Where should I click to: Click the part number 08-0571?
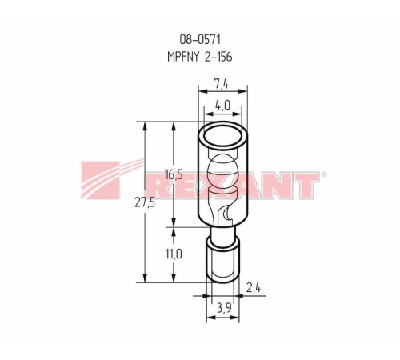tap(200, 40)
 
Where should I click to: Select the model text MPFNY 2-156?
tap(200, 57)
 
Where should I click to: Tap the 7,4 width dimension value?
tap(222, 84)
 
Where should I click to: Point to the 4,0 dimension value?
tap(222, 106)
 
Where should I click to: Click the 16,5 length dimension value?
tap(174, 175)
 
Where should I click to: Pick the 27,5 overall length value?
tap(145, 203)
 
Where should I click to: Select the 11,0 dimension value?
tap(174, 254)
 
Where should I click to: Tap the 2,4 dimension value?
tap(254, 288)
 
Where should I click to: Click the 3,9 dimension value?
tap(224, 309)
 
